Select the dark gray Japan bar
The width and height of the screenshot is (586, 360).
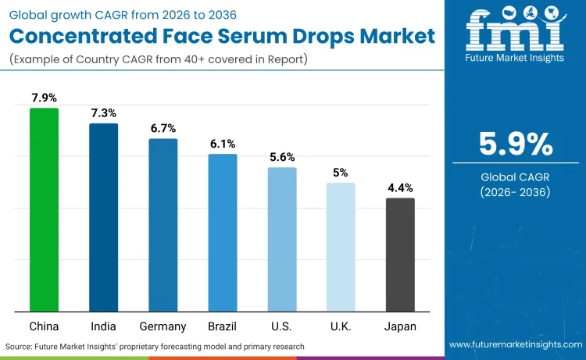pos(400,255)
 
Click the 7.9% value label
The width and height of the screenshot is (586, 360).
pos(44,98)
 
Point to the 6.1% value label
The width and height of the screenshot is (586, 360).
pos(222,144)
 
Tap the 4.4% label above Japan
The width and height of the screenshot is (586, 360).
pos(400,187)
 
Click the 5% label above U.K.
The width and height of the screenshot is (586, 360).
pos(341,173)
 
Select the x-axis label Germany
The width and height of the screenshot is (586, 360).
pos(163,326)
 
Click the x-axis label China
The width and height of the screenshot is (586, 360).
pos(44,326)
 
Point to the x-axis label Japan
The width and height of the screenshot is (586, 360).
pos(400,326)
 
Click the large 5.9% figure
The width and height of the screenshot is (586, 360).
pos(515,144)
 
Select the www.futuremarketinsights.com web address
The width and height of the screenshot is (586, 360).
pos(515,344)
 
